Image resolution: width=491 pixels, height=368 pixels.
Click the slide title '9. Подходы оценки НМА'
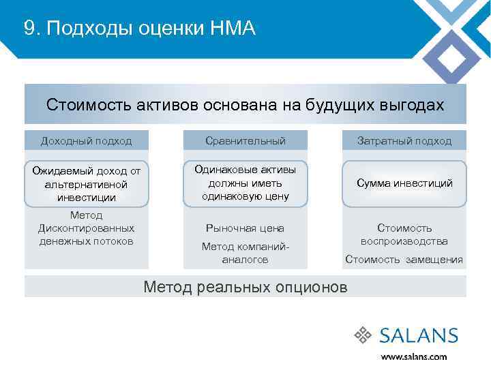click(x=139, y=28)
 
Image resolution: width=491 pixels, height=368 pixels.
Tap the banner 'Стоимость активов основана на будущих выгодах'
click(x=245, y=105)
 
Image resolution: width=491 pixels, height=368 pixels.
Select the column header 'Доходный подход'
click(x=87, y=141)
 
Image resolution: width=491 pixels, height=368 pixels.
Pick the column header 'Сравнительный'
click(x=245, y=141)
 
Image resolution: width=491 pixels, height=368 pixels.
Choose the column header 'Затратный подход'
click(x=404, y=141)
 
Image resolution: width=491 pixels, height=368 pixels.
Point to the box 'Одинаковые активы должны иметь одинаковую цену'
click(x=245, y=183)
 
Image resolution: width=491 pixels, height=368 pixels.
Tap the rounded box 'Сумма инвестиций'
click(x=404, y=183)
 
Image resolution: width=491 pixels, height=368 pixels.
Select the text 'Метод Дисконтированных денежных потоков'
click(x=87, y=228)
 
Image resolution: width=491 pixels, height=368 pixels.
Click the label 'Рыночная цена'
click(x=245, y=228)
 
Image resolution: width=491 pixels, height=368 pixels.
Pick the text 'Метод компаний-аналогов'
click(x=245, y=253)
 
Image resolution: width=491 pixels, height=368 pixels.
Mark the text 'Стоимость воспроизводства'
click(x=404, y=234)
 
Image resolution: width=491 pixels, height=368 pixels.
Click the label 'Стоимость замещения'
click(x=404, y=260)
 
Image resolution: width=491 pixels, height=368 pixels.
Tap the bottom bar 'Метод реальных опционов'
click(x=245, y=286)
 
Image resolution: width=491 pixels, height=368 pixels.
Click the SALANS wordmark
click(x=419, y=335)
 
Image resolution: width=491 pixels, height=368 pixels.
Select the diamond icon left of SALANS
click(x=363, y=335)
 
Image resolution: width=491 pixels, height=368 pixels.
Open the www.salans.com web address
click(x=414, y=356)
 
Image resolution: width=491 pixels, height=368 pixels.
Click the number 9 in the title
click(x=28, y=28)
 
